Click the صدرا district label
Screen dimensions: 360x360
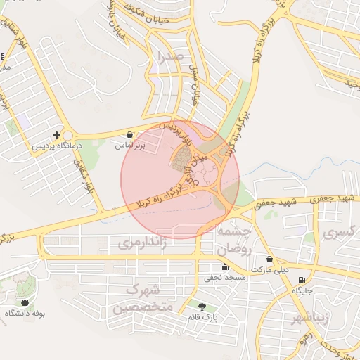coord(171,56)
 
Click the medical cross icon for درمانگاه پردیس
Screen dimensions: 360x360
coord(56,135)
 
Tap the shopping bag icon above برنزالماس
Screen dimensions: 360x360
coord(130,134)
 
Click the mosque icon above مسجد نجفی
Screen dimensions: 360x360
coord(224,267)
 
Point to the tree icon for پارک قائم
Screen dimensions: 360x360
coord(202,306)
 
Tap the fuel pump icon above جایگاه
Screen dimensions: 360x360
coord(302,281)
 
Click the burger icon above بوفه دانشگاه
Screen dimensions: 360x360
coord(25,302)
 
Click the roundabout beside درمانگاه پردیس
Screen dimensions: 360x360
coord(68,136)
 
